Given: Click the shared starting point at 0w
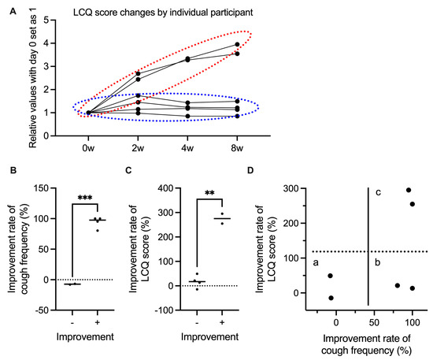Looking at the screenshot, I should coord(89,113).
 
